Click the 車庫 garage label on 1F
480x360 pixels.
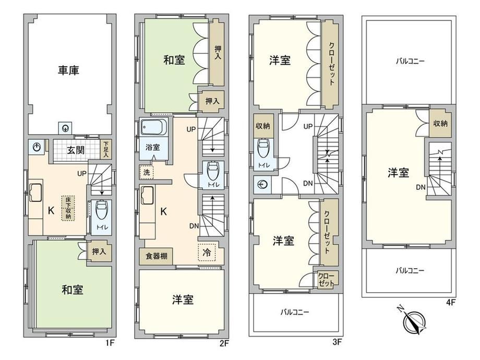pos(68,70)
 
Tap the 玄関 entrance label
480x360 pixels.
pos(76,150)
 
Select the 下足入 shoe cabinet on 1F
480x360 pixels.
pos(105,149)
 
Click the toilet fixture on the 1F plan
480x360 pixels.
pos(101,211)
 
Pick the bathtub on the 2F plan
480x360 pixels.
pos(154,127)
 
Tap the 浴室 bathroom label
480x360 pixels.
pos(152,147)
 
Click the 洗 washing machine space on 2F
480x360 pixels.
pos(147,172)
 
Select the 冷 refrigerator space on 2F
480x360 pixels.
pos(207,252)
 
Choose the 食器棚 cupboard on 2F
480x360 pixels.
pos(156,256)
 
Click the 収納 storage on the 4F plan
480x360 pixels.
pos(440,123)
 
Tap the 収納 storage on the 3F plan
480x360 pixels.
pos(262,126)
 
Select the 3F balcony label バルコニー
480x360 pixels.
pos(295,312)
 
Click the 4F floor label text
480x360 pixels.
pos(451,303)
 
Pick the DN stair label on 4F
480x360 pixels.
pos(421,187)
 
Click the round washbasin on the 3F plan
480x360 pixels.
pos(262,185)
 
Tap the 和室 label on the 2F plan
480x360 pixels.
pos(174,59)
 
